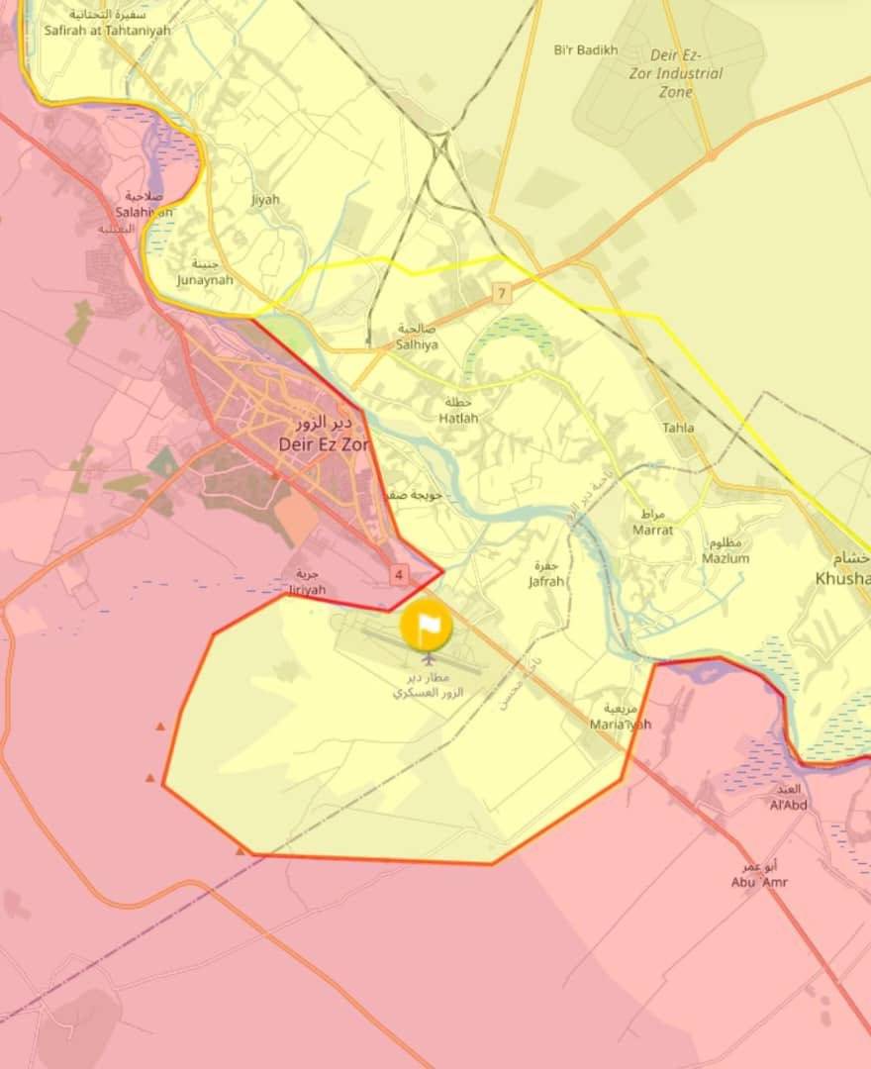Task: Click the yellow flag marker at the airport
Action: click(x=426, y=626)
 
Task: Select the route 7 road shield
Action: click(x=502, y=294)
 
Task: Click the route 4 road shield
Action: click(x=399, y=573)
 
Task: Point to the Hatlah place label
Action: click(x=458, y=412)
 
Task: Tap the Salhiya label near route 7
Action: click(x=417, y=338)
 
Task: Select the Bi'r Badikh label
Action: click(x=586, y=49)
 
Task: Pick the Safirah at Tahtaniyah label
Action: click(x=107, y=24)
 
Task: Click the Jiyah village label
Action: click(x=265, y=199)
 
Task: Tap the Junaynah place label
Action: click(x=205, y=273)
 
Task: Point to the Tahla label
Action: click(x=678, y=428)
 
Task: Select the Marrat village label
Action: click(x=653, y=524)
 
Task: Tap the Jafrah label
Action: click(x=546, y=575)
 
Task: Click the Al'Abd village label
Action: click(x=789, y=798)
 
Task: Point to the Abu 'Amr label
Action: click(x=759, y=876)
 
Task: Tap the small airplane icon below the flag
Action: click(x=429, y=658)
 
